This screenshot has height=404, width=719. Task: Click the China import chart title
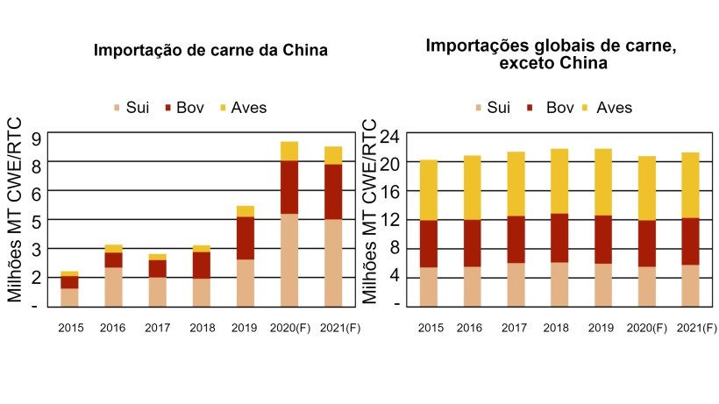click(210, 51)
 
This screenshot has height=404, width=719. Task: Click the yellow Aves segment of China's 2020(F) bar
click(289, 151)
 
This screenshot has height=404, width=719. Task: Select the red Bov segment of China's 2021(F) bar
click(333, 191)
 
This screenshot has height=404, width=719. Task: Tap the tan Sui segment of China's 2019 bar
click(246, 282)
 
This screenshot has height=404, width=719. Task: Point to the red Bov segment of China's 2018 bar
click(202, 265)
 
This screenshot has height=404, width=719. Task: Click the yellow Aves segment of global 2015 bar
click(428, 189)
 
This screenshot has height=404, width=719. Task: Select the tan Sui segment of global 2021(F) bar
click(690, 285)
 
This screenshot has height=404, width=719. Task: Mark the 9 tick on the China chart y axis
click(36, 138)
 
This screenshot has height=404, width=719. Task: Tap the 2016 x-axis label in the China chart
click(114, 328)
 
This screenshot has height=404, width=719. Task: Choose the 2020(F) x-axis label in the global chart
click(646, 328)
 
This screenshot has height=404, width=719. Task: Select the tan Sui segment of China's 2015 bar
click(69, 296)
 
